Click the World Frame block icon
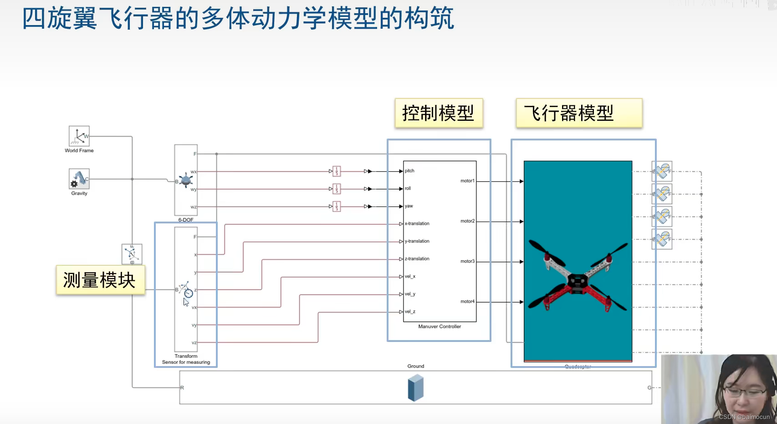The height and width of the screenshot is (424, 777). coord(79,136)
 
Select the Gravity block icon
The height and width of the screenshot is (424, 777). coord(79,179)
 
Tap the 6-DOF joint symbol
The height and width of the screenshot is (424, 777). coord(186,181)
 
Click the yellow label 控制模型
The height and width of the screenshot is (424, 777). coord(439,113)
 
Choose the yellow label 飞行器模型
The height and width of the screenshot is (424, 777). coord(578,113)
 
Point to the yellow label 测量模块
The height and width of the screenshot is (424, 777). coord(100,280)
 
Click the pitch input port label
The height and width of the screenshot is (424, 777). coord(409,171)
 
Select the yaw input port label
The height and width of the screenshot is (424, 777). coord(409,206)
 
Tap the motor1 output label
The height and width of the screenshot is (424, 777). coord(467,181)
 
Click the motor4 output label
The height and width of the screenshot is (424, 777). coord(467,301)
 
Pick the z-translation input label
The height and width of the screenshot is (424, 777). coord(417,259)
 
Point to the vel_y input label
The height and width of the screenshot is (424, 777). coord(410,294)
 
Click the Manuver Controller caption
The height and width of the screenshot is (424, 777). coord(440,326)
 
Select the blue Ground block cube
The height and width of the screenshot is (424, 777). coord(415,388)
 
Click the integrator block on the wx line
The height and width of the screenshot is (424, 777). coord(337,171)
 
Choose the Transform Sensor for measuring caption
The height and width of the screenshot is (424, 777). coord(186,359)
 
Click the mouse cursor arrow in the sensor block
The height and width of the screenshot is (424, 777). coord(186,302)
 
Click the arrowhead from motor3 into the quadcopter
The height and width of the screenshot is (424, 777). coord(521,262)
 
